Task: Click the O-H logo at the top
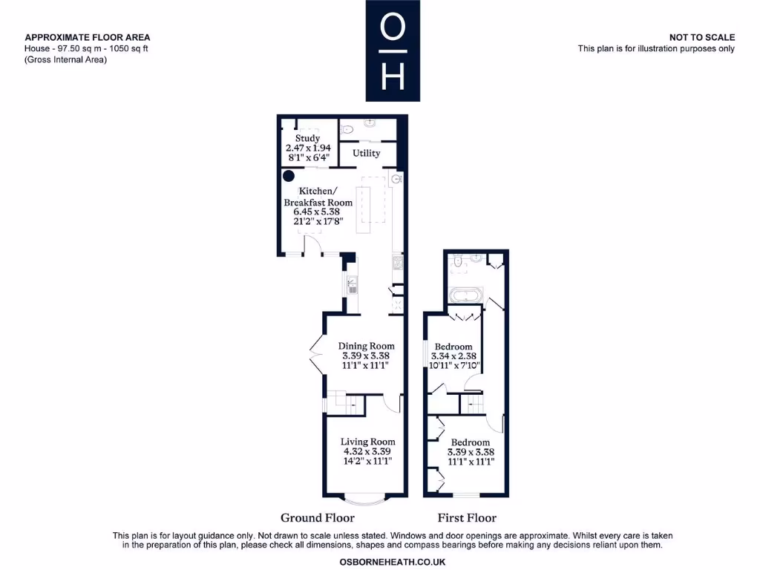coord(393,50)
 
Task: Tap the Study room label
coord(307,138)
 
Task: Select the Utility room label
coord(366,153)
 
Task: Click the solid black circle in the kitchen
coord(288,176)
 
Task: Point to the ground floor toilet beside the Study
coord(348,129)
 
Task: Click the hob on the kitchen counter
coord(398,262)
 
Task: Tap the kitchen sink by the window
coord(353,282)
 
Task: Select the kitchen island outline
coord(363,210)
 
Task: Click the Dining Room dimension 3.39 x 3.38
coord(366,356)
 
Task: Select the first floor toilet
coord(458,261)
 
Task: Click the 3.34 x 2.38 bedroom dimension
coord(453,356)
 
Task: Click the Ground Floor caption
coord(317,518)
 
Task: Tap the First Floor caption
coord(467,518)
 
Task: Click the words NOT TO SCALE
coord(701,37)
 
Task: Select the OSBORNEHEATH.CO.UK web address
coord(393,562)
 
